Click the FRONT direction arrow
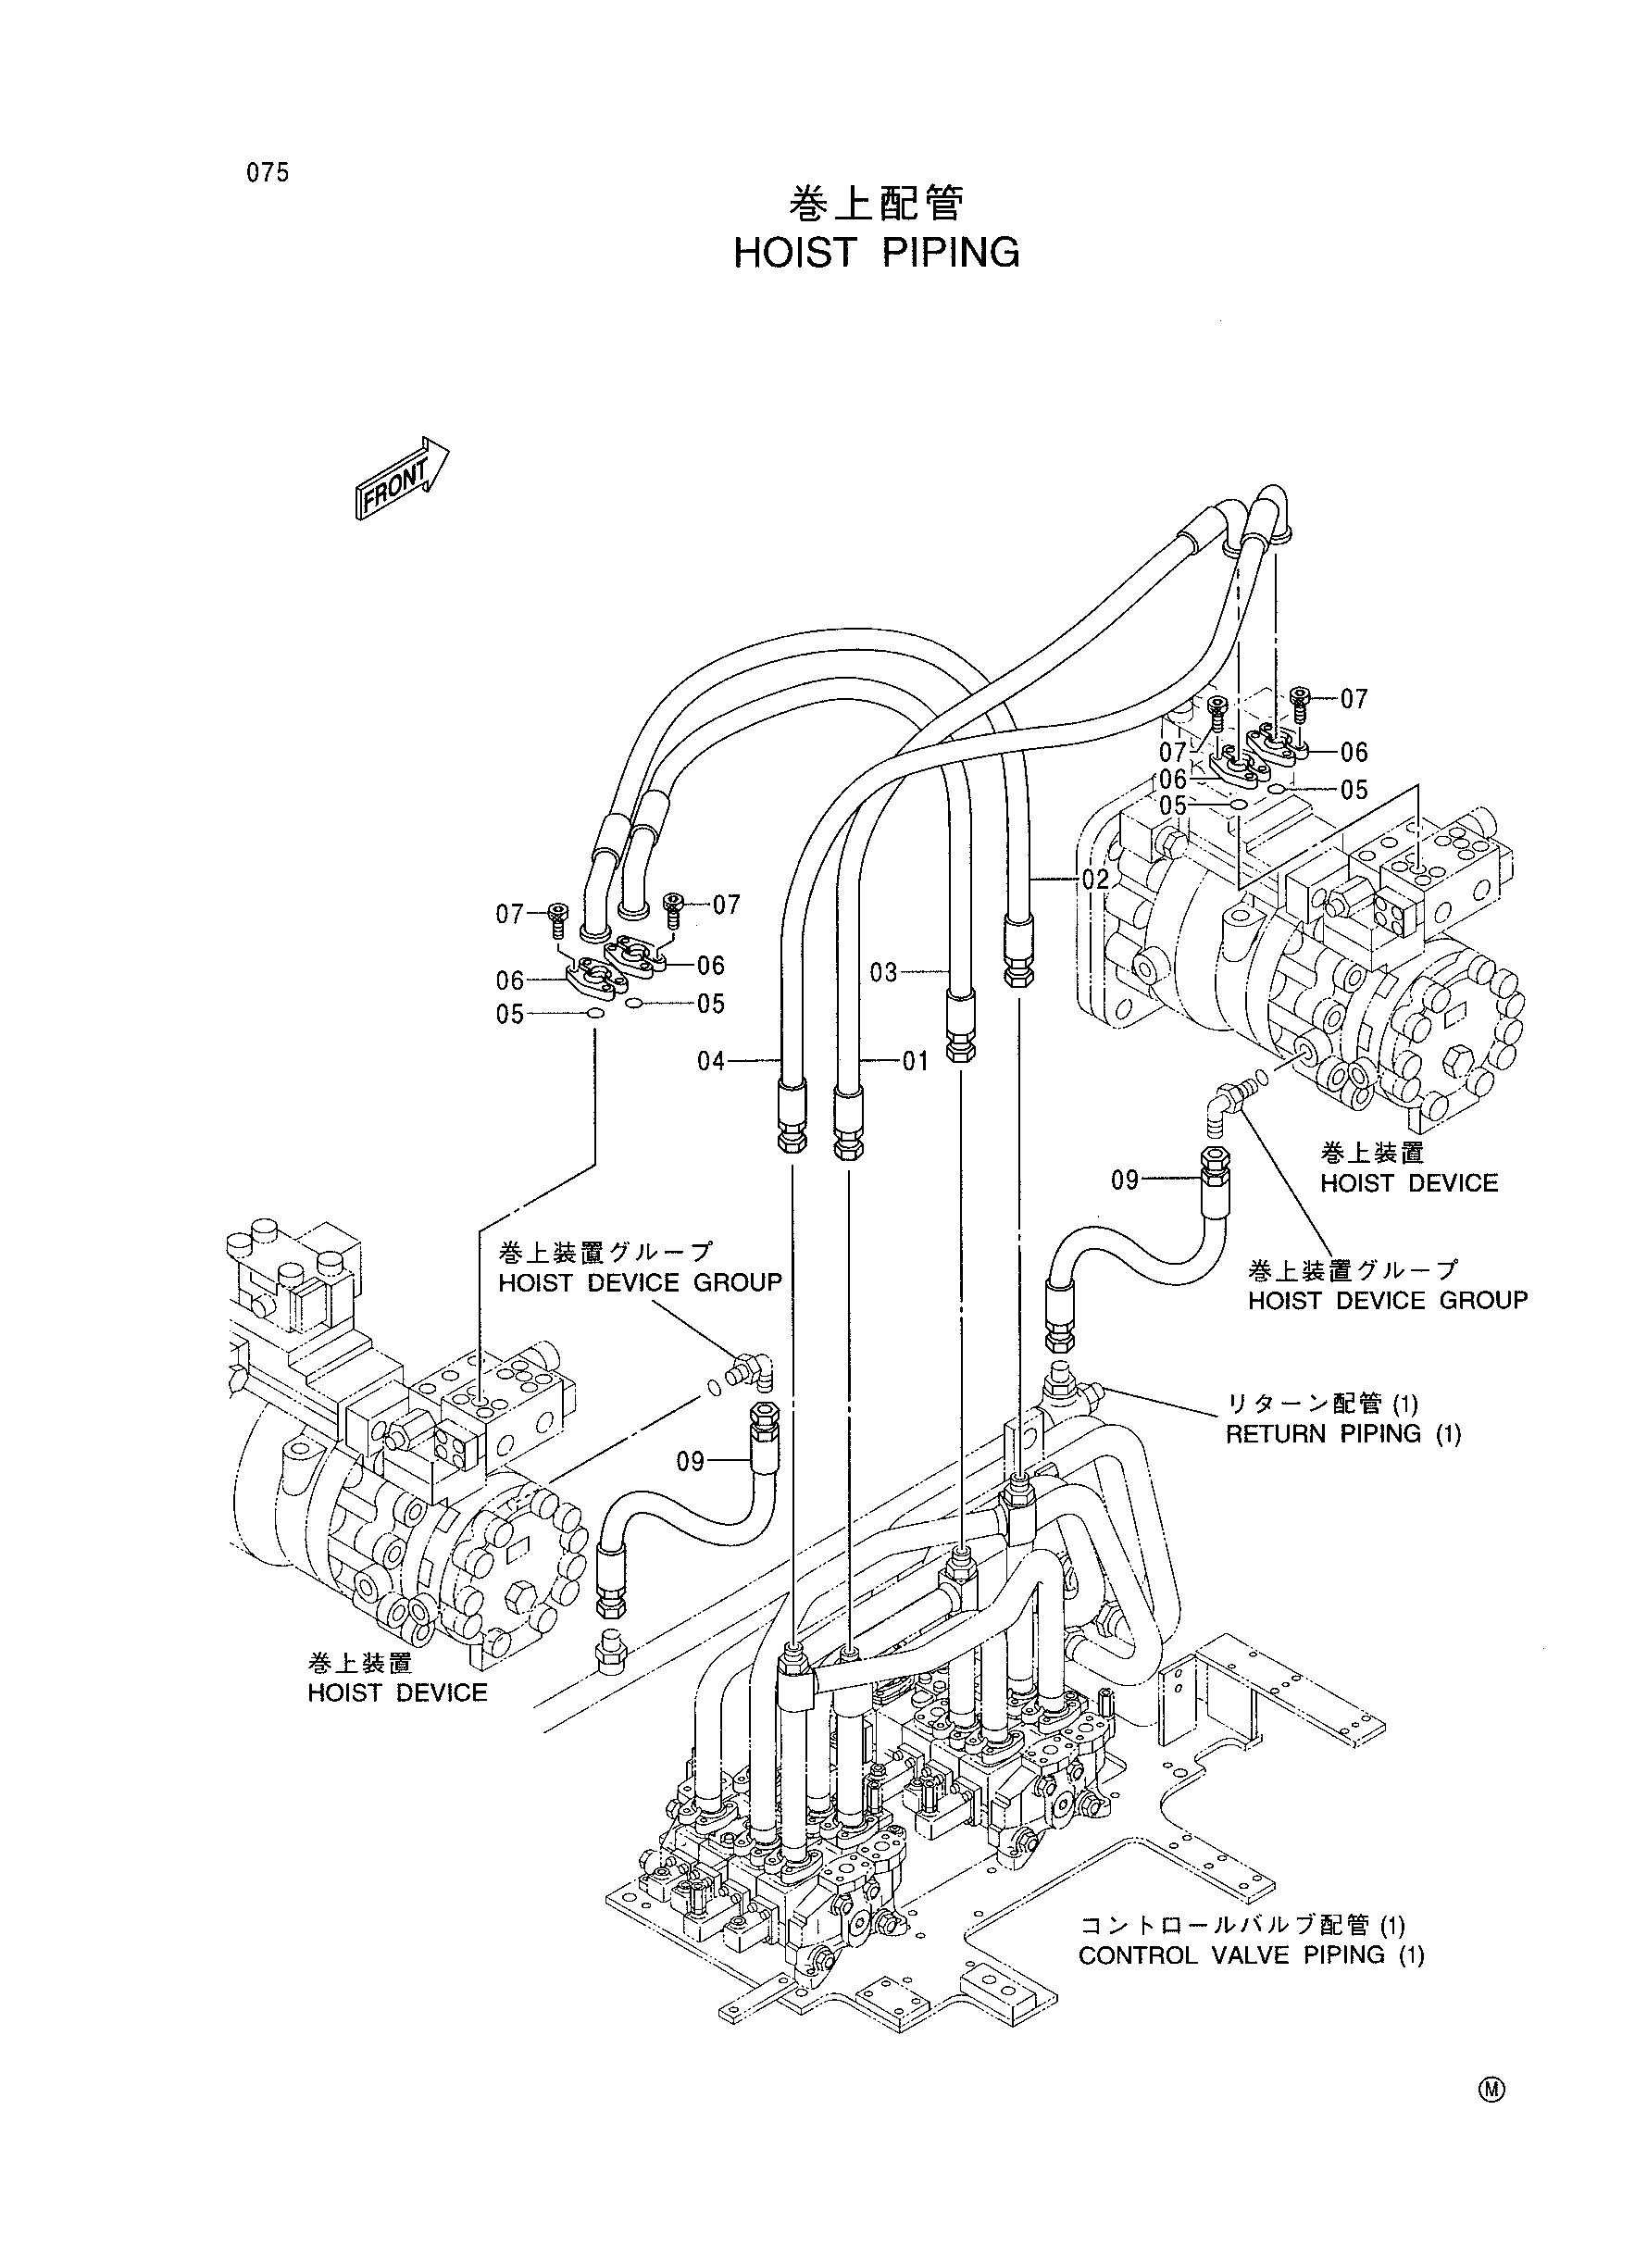(401, 480)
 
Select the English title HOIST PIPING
(877, 253)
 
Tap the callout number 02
(1094, 880)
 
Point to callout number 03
(884, 971)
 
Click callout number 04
(711, 1061)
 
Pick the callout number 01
(916, 1061)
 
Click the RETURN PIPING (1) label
(1343, 1434)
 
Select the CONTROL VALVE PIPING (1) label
(1251, 1955)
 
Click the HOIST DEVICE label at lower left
(398, 1693)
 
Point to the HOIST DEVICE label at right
(1410, 1183)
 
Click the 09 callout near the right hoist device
(1126, 1180)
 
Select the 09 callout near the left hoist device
(691, 1462)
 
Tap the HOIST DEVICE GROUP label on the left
(640, 1283)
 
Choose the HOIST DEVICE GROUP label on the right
(1388, 1301)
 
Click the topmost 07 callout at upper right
(1354, 699)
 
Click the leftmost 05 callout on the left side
(510, 1014)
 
